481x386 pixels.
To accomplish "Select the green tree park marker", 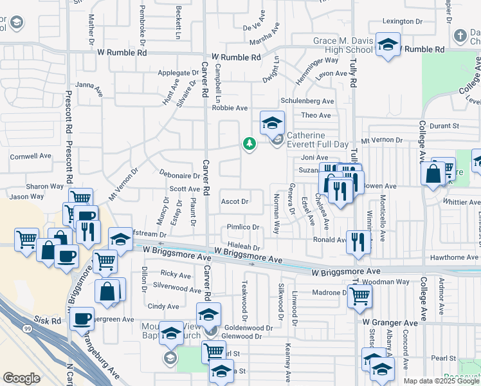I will pos(249,144).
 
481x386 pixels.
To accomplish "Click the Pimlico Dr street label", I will pos(242,227).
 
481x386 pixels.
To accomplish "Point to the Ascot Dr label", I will pos(235,201).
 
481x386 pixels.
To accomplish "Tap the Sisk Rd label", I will pos(48,320).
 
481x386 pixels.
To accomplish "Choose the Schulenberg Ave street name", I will pos(307,102).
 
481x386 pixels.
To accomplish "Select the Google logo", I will pos(21,378).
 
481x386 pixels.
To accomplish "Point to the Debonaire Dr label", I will pos(180,175).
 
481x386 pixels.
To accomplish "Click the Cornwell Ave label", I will pos(30,156).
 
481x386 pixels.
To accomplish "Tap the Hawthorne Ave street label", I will pos(455,257).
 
